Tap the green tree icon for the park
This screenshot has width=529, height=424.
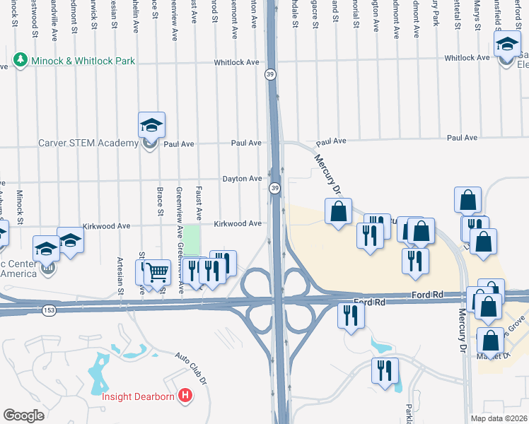coord(21,60)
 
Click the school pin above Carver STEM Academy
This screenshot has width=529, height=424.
coord(151,126)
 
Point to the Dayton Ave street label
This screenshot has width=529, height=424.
coord(243,179)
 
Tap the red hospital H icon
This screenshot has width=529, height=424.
coord(185,394)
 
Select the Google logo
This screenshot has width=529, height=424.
coord(23,416)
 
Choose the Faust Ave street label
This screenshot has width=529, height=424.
coord(200,201)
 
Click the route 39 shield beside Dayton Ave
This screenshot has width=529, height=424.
coord(274,187)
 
